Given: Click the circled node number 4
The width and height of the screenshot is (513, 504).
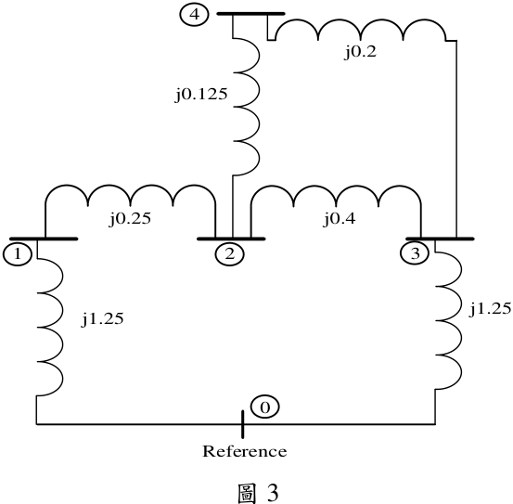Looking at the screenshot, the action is [194, 15].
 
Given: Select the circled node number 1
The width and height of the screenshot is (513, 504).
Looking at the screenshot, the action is [18, 254].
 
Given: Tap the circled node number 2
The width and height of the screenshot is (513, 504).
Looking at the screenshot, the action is [230, 254].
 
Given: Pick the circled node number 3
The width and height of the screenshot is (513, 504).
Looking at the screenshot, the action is [415, 253].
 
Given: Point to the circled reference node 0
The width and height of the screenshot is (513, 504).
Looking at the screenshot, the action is [265, 407].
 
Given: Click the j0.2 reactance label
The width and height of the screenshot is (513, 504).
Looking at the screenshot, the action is [360, 52].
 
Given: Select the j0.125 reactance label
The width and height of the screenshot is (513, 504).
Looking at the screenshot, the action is [201, 95].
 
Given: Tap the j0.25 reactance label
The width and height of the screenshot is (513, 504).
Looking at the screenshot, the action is [130, 219].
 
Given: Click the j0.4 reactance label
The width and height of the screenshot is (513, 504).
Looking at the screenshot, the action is [340, 219].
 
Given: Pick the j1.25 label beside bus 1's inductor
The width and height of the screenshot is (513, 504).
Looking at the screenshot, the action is [103, 318].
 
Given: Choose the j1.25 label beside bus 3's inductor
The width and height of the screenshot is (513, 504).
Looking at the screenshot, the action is [490, 308].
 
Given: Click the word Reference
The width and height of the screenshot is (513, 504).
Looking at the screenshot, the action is [245, 451].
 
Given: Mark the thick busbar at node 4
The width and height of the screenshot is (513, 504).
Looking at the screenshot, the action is [251, 14].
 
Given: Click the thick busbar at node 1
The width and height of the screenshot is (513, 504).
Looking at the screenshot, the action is [44, 239].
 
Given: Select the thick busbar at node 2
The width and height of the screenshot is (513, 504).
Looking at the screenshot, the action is [231, 239].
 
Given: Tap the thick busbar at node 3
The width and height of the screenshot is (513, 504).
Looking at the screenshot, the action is [440, 239].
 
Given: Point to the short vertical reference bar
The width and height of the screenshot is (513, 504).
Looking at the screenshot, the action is [242, 424].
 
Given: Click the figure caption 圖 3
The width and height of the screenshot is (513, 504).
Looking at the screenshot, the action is [259, 493].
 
